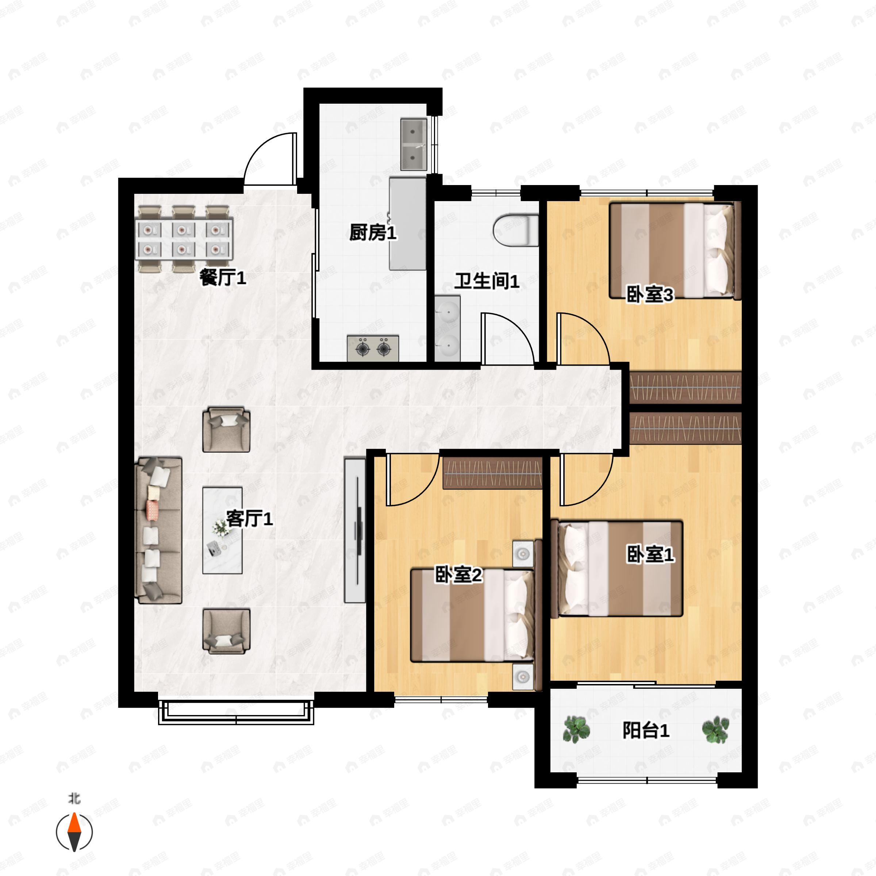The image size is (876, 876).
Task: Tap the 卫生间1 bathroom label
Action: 487,281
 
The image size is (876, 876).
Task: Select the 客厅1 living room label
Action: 249,518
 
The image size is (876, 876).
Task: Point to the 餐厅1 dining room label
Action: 223,277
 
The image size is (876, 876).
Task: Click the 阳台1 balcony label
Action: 646,730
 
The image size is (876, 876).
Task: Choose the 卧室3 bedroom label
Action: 650,295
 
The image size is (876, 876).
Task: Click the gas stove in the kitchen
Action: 373,348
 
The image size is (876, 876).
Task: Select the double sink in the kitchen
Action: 414,144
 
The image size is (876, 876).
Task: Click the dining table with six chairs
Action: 184,239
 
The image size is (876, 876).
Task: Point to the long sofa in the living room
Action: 159,530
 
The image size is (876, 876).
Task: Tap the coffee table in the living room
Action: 222,530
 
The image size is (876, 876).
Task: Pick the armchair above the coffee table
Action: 226,429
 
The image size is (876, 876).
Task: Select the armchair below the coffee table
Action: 226,631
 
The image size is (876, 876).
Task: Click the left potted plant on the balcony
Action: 576,730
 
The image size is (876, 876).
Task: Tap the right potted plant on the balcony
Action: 715,730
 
